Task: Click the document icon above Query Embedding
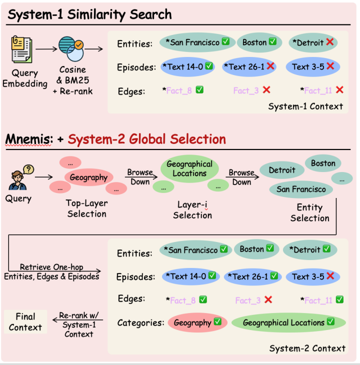coord(22,49)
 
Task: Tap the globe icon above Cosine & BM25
coord(71,48)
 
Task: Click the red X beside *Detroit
coord(329,42)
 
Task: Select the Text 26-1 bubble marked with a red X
coord(249,67)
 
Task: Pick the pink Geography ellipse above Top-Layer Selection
coord(88,177)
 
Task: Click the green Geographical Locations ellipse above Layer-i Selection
coord(189,169)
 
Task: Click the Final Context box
coord(25,322)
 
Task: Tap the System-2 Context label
coord(307,348)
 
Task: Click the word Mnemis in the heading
coord(28,139)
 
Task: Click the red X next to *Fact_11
coord(339,90)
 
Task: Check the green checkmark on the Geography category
coord(217,321)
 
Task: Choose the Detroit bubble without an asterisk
coord(282,170)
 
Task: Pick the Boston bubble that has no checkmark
coord(323,163)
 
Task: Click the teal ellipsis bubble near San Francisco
coord(342,178)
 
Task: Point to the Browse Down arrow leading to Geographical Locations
coord(141,177)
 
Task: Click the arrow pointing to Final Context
coord(77,320)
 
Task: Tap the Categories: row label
coord(140,322)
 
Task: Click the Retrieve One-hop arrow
coord(54,271)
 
